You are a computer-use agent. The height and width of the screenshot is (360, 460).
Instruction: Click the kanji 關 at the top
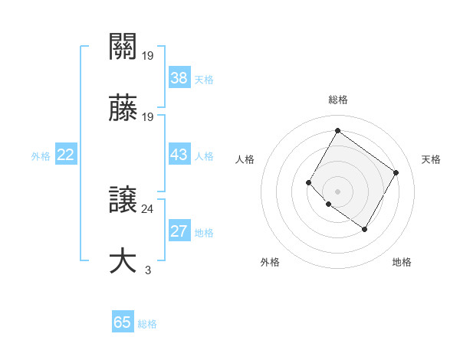(123, 47)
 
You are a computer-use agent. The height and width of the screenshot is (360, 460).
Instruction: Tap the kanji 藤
(123, 109)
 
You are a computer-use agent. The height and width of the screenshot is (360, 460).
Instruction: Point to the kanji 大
(123, 260)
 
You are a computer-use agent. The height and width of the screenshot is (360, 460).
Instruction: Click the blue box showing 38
(179, 77)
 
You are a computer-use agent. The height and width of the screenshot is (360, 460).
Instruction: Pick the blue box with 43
(179, 155)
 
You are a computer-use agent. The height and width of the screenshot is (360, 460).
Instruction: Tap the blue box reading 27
(179, 231)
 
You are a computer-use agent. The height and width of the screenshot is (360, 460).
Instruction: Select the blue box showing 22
(66, 155)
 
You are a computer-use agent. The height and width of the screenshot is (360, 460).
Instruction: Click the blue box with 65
(123, 322)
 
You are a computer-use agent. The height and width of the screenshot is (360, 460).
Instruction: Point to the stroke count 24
(148, 208)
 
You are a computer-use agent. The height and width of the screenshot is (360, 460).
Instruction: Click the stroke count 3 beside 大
(148, 270)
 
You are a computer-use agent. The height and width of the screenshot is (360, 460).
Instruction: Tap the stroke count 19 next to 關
(148, 55)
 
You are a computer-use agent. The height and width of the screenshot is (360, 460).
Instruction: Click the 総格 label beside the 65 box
(147, 324)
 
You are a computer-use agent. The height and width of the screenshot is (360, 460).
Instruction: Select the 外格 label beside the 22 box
(41, 156)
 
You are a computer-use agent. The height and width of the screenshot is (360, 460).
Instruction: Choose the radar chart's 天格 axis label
(432, 159)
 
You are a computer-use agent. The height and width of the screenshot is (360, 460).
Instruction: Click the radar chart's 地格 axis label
(402, 263)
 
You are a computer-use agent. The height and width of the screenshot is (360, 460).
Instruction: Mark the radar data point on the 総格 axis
(337, 131)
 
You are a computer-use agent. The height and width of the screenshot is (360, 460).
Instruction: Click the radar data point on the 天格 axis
(396, 172)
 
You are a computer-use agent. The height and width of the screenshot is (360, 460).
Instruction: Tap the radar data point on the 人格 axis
(309, 182)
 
